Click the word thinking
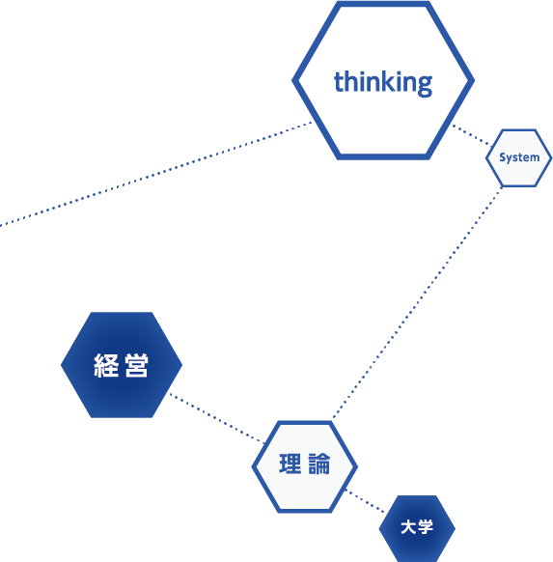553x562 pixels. pos(383,83)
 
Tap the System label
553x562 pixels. pos(519,157)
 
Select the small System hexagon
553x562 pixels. pos(519,158)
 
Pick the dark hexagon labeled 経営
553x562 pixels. pos(122,365)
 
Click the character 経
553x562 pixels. pos(106,365)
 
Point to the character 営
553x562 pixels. pos(136,365)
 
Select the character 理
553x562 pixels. pos(290,464)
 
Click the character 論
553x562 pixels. pos(319,464)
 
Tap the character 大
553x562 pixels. pos(408,527)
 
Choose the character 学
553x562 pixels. pos(426,527)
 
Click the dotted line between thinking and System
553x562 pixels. pos(471,135)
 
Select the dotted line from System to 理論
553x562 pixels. pos(417,302)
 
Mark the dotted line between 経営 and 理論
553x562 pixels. pos(217,418)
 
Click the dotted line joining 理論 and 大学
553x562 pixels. pos(365,501)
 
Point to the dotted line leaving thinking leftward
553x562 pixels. pos(155,174)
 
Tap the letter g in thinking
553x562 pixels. pos(425,86)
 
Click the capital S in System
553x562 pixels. pos(503,157)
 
